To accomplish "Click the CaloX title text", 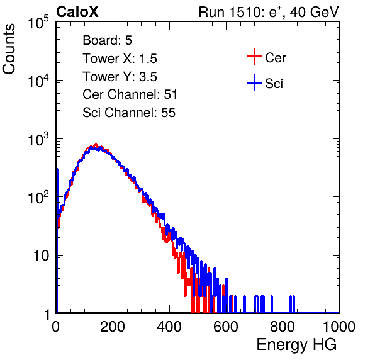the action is pos(77,12).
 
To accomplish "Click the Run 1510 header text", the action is pos(269,12).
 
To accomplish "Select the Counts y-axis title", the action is pos(9,49).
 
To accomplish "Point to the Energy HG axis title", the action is pos(296,345).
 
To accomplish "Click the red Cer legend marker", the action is pos(254,57).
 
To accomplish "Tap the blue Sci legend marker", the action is pos(254,83).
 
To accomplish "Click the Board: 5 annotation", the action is pos(108,40).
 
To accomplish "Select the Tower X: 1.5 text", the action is pos(120,59).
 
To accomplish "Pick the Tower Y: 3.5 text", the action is pos(120,77).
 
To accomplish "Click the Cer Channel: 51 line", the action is pos(130,94).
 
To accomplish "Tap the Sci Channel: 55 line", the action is pos(129,113).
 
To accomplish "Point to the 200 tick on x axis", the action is pos(113,327).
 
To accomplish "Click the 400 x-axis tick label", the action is pos(169,327).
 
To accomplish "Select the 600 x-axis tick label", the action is pos(226,327).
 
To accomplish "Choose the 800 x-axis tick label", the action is pos(283,327).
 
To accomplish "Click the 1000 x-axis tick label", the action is pos(339,327).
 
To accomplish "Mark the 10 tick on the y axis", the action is pos(42,256).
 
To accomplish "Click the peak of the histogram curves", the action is pos(96,145).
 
